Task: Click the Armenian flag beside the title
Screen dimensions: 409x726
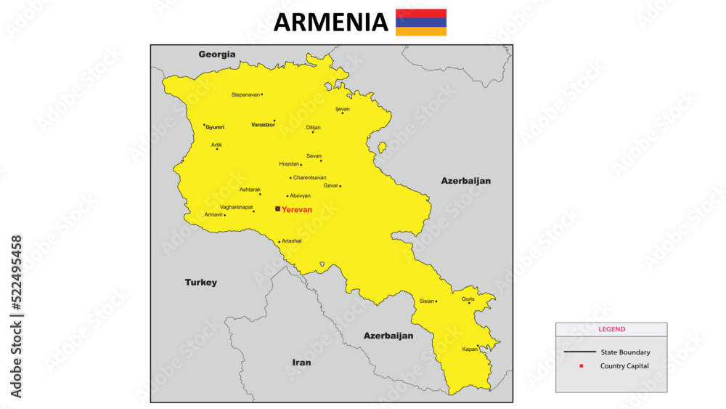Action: tap(421, 23)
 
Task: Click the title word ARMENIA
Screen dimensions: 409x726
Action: tap(330, 23)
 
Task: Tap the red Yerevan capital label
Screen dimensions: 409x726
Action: tap(296, 209)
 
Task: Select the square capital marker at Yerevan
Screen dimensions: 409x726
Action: tap(277, 208)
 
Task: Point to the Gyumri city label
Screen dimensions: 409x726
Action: tap(215, 127)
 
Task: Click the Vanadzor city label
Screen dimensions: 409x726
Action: tap(262, 125)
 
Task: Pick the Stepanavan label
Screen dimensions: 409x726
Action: tap(245, 94)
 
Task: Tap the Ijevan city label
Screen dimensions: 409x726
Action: tap(342, 108)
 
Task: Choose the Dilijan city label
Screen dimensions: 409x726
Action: tap(313, 127)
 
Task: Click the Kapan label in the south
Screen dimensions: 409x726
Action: tap(470, 349)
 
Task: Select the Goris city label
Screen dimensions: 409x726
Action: tap(468, 299)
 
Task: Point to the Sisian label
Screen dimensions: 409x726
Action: tap(426, 301)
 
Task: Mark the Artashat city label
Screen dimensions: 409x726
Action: tap(291, 241)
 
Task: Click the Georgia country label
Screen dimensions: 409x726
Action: tap(217, 54)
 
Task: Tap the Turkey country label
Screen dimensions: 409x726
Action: tap(200, 282)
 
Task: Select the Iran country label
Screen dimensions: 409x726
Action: tap(301, 362)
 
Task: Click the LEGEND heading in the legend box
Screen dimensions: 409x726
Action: tap(611, 329)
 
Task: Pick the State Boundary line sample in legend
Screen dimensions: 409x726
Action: tap(578, 352)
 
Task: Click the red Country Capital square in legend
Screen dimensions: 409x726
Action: tap(581, 365)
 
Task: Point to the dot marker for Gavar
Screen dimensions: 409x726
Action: tap(340, 186)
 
